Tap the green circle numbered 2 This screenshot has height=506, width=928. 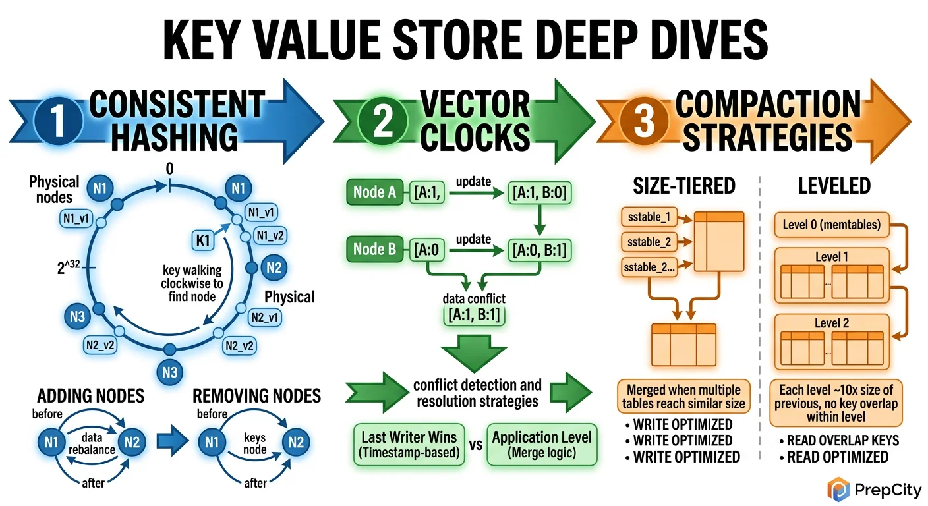pos(383,123)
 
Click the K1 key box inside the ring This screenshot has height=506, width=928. pos(204,241)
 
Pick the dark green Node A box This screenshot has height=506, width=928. pos(374,192)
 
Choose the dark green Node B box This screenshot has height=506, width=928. pos(374,249)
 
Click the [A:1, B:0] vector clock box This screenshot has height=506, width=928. pos(539,192)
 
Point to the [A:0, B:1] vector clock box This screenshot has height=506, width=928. pos(539,250)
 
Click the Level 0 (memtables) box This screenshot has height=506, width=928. pos(831,225)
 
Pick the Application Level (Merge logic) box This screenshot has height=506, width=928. pos(542,445)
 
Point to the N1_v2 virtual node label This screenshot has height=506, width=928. pos(271,235)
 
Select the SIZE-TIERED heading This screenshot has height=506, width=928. pos(683,186)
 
